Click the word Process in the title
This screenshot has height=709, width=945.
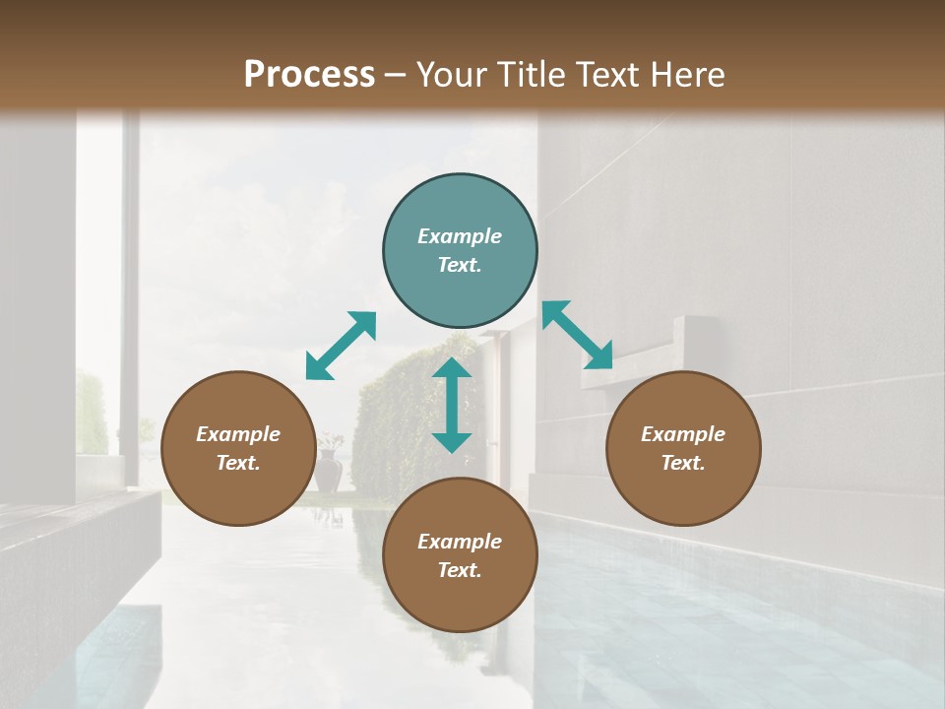click(309, 75)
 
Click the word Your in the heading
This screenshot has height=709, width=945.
click(449, 75)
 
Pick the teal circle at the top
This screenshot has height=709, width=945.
click(460, 250)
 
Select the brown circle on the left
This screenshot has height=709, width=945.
click(238, 448)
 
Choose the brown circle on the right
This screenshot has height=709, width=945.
click(683, 448)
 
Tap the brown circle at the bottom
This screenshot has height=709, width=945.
click(460, 555)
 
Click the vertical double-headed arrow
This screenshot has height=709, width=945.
click(452, 405)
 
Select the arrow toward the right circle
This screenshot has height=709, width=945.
click(578, 335)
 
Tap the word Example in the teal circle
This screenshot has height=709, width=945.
click(460, 236)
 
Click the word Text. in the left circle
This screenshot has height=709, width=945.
click(238, 463)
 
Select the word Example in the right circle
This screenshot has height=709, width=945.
click(683, 434)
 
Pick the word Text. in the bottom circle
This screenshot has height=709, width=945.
click(460, 570)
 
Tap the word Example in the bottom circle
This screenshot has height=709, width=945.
click(460, 542)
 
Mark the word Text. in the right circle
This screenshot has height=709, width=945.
click(683, 463)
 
